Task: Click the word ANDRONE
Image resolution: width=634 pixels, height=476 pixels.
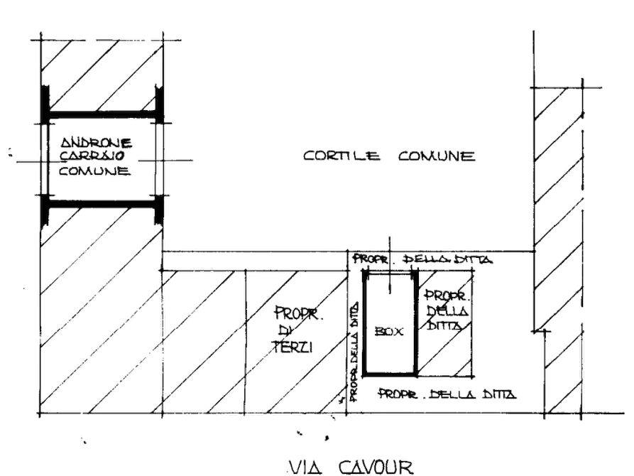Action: point(97,143)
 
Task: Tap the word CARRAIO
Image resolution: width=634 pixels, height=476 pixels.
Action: point(92,156)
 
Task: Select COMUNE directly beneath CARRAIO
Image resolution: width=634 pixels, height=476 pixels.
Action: point(94,171)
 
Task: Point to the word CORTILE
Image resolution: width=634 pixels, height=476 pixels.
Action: point(341,156)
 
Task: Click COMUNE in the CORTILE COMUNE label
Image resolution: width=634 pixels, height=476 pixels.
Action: point(437,156)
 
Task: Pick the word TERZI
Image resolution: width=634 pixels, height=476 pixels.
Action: point(293,347)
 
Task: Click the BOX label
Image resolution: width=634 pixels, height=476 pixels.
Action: point(389,332)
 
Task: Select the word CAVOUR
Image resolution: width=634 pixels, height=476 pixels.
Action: point(376,467)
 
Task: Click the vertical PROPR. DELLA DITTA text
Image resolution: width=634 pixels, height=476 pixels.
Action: point(354,352)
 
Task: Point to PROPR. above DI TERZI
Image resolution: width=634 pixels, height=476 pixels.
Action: point(299,314)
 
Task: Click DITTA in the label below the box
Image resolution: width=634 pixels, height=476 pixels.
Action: point(499,394)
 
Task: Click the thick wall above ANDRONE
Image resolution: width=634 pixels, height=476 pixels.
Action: point(102,114)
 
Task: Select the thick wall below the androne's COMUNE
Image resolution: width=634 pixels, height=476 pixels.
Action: point(102,204)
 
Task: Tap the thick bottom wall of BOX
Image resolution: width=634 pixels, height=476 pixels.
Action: point(390,373)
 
